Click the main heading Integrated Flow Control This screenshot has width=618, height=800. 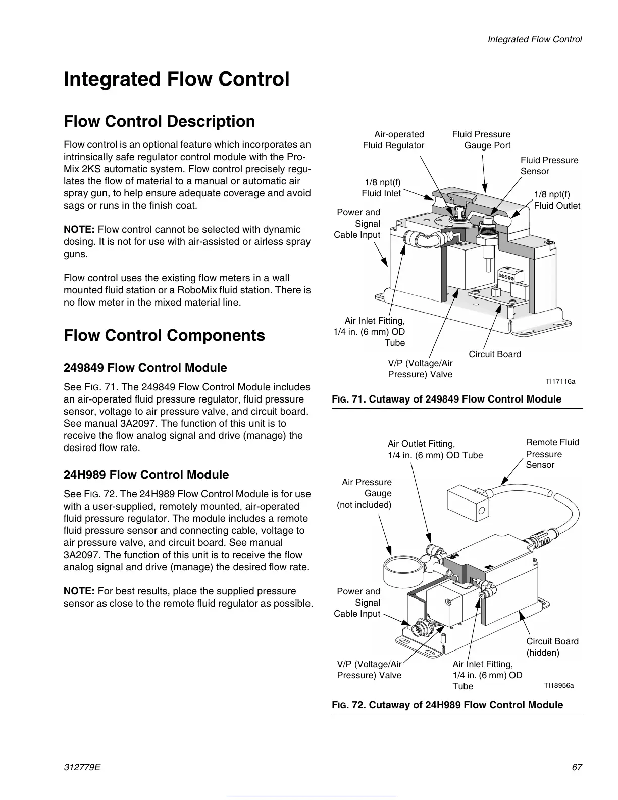[x=177, y=80]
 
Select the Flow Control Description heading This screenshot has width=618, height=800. [x=160, y=122]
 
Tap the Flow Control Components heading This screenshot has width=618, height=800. [x=164, y=336]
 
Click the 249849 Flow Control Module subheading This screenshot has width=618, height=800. [x=145, y=368]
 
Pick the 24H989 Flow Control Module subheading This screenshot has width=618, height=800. [x=146, y=475]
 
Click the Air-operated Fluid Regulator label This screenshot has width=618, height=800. [x=394, y=140]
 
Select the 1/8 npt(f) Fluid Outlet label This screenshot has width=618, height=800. [x=557, y=200]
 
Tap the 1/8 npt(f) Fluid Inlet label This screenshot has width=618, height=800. [x=382, y=188]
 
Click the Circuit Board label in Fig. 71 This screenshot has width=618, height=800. [x=495, y=354]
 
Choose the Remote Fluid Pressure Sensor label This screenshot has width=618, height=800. [x=552, y=454]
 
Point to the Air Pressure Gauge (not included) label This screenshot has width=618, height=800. [x=365, y=493]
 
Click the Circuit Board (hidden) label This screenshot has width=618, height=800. [x=552, y=647]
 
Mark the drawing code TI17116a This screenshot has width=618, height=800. [x=559, y=381]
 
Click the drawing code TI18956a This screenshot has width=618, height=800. [x=558, y=685]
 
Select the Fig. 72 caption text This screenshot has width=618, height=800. [x=447, y=705]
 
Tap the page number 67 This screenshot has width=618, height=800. [x=577, y=767]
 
